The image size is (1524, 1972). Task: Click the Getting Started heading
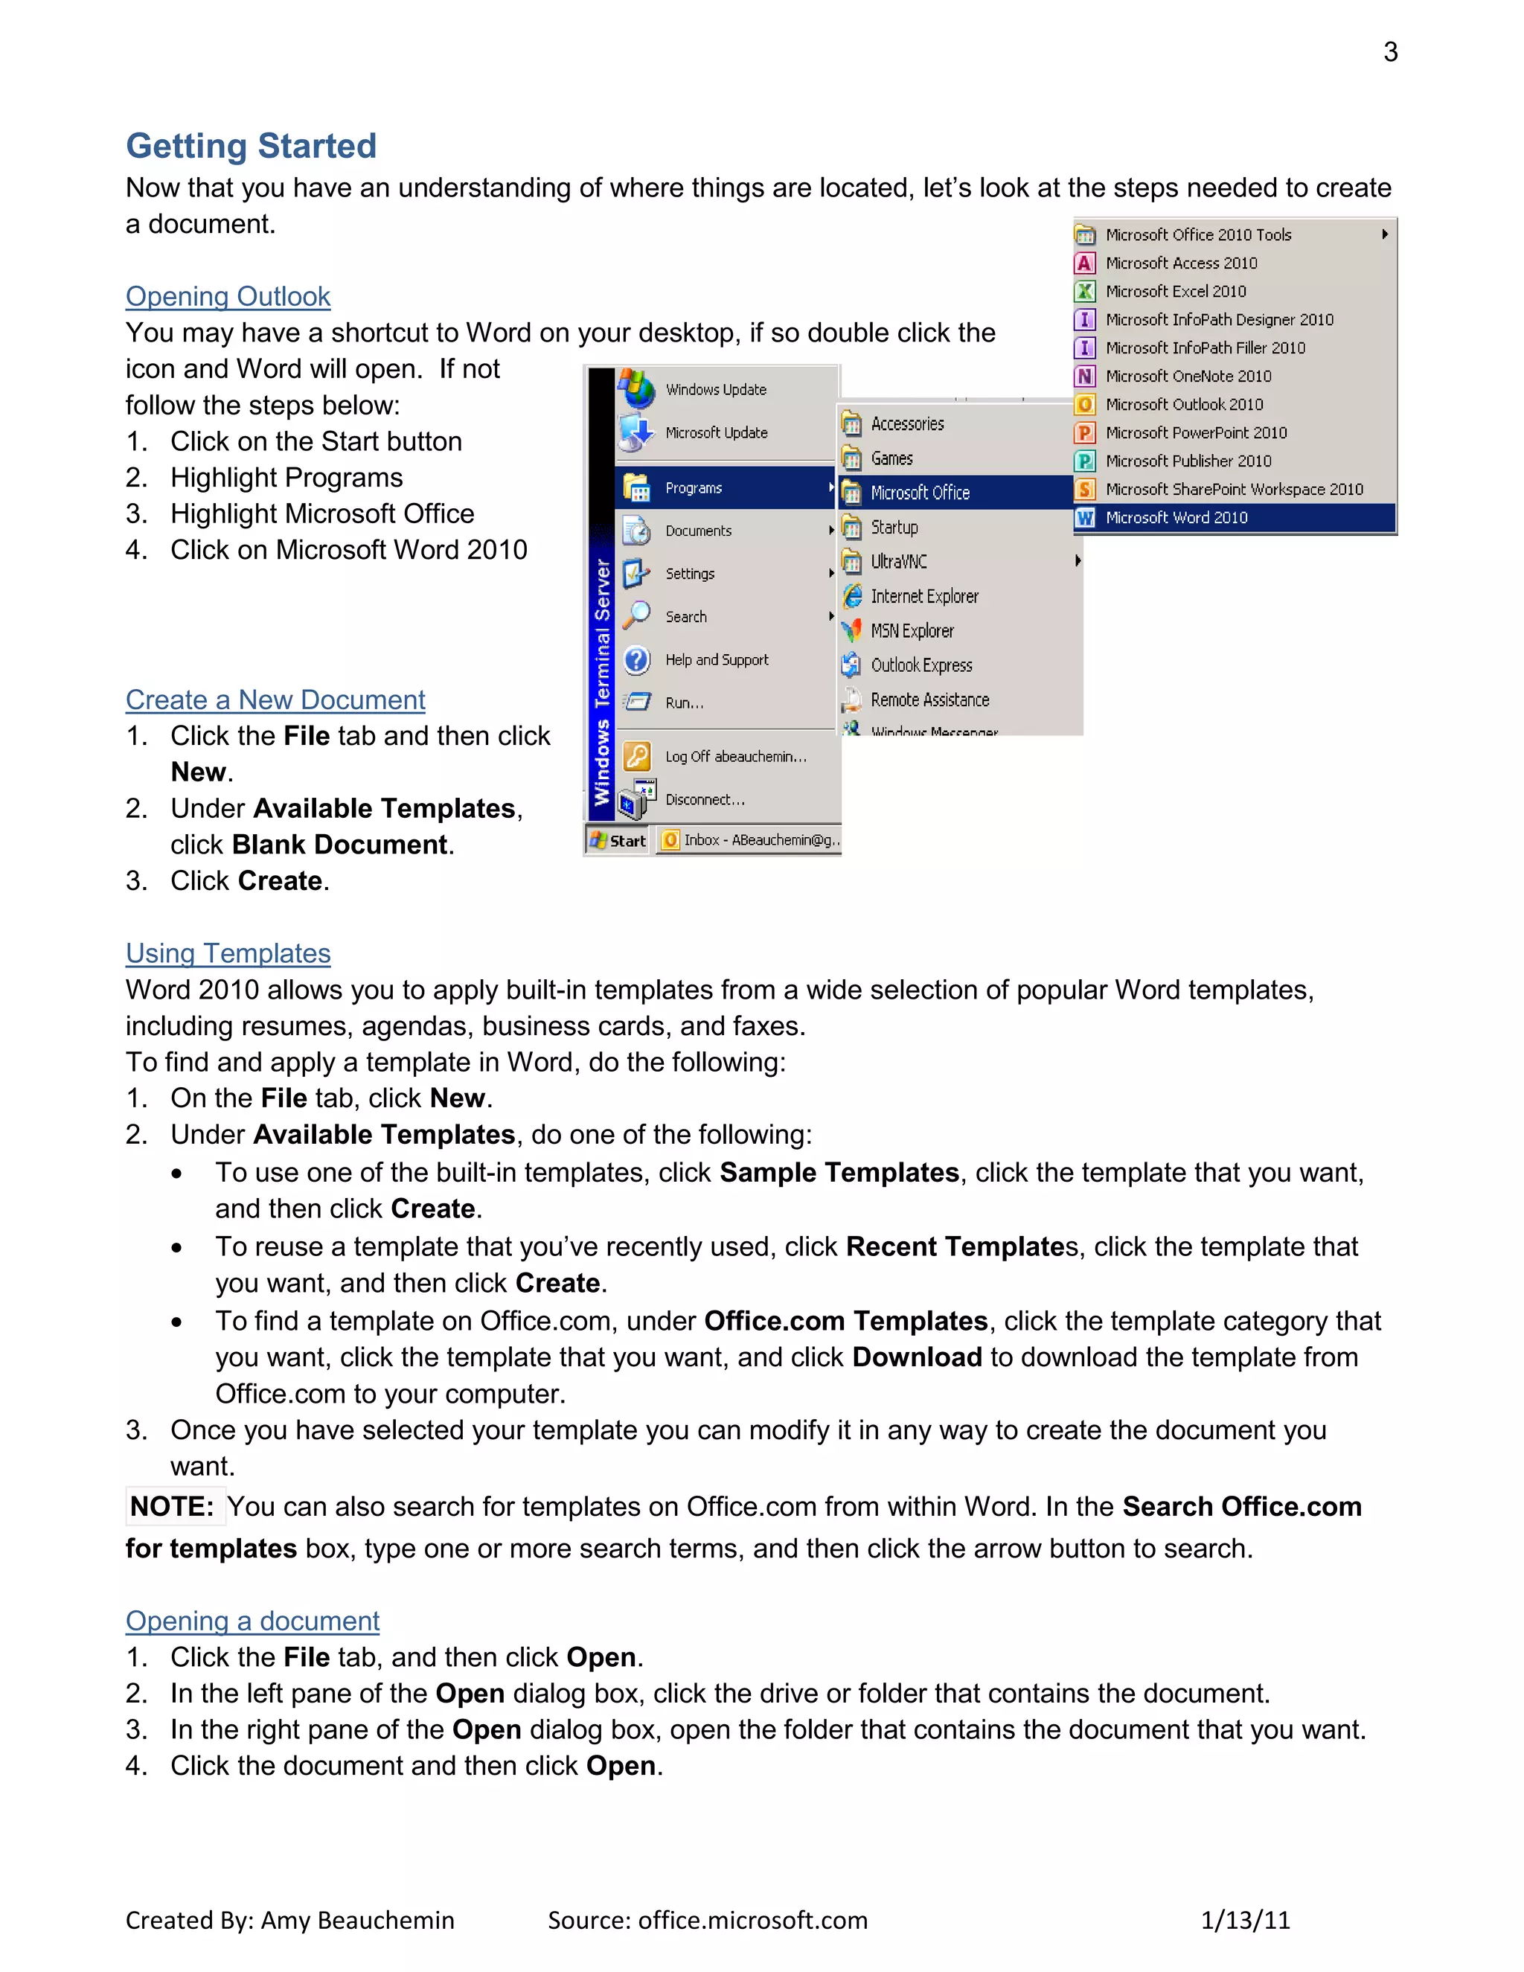251,145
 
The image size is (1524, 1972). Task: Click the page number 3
1390,52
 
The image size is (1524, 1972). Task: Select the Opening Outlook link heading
228,296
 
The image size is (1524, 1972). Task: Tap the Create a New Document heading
275,700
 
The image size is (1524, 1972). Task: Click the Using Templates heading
228,953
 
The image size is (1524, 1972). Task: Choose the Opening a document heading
252,1621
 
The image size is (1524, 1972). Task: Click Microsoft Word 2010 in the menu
1176,517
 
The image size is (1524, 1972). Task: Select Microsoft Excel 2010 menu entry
1176,292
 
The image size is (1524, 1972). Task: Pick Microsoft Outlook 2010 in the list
1184,405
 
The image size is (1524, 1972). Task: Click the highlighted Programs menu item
694,487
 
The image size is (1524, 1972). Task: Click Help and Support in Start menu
716,660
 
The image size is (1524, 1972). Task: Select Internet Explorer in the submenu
923,596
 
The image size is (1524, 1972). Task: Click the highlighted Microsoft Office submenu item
919,493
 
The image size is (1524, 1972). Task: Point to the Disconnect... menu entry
704,799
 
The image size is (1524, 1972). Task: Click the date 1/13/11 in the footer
1245,1920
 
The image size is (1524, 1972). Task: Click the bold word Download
916,1357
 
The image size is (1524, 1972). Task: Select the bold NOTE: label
172,1506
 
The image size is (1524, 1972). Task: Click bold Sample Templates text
839,1172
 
